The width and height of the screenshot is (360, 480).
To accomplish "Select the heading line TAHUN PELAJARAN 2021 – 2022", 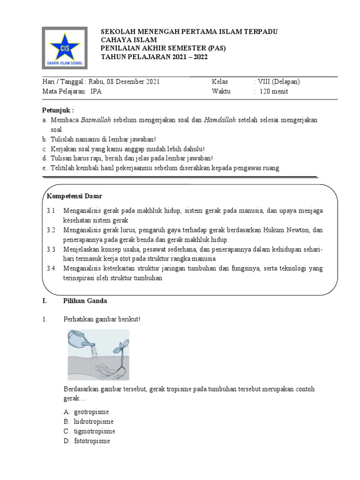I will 154,57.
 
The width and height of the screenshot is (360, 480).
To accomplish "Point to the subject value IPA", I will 96,91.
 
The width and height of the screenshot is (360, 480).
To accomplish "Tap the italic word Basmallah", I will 96,120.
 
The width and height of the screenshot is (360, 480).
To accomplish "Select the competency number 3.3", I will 51,249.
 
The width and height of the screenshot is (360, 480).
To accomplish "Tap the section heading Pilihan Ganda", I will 86,301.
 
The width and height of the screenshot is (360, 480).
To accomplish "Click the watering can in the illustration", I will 81,340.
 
